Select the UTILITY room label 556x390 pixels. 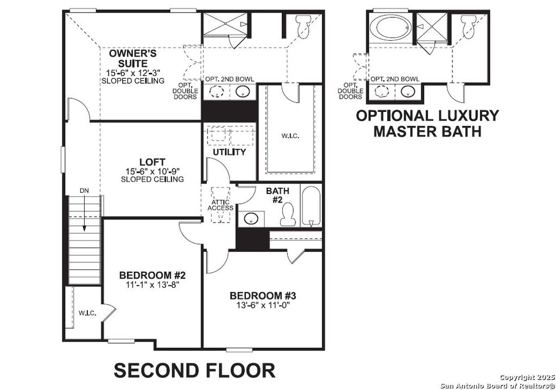click(229, 152)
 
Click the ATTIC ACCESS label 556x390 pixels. click(220, 205)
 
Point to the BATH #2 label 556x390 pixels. click(277, 195)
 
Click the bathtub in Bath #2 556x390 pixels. click(311, 206)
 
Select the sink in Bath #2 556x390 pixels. click(251, 218)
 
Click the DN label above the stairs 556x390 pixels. click(84, 191)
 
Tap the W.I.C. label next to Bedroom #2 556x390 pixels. click(87, 313)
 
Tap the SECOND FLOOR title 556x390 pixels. click(194, 370)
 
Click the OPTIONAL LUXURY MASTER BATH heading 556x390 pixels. click(427, 123)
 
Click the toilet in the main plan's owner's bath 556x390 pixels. click(301, 24)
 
